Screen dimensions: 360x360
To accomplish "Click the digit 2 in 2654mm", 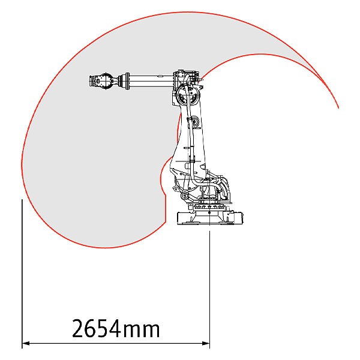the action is [x=78, y=328].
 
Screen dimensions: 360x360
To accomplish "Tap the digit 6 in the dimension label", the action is [x=91, y=328].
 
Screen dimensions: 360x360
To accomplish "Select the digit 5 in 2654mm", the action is [x=103, y=328].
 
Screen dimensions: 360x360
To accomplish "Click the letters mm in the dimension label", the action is [x=141, y=331].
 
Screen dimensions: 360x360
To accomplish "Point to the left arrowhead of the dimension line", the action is [x=25, y=343].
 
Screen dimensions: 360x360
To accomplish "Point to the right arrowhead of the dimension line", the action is [x=206, y=343].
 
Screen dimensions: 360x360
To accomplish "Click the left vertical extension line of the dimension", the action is [x=22, y=274].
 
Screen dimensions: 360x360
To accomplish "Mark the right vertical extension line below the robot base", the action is [x=209, y=289].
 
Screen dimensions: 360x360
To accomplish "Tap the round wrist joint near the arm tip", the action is [x=106, y=81].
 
